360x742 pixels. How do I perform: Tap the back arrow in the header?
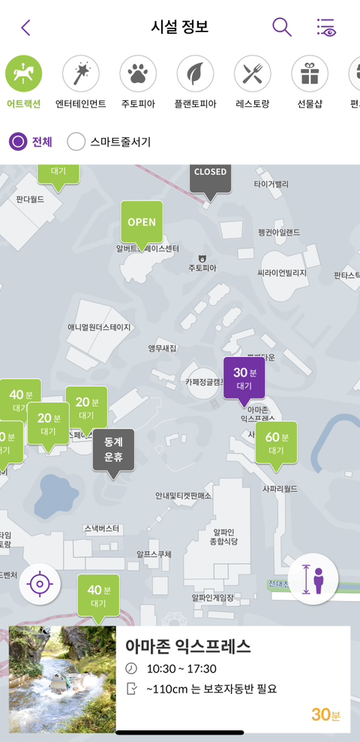point(25,28)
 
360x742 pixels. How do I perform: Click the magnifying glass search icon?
point(281,27)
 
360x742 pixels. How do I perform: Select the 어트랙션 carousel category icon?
point(24,73)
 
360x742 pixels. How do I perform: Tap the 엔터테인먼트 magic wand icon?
point(81,73)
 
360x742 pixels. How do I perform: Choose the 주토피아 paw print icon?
point(138,73)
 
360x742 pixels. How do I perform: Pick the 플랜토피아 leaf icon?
point(195,73)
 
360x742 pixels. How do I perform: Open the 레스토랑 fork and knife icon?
point(252,73)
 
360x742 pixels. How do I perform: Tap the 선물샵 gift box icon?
point(309,73)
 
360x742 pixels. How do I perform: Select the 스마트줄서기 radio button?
point(76,141)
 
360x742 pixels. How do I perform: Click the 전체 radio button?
point(19,141)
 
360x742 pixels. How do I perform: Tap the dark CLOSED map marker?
point(210,178)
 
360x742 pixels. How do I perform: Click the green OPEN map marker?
point(142,223)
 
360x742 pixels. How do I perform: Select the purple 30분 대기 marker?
point(244,378)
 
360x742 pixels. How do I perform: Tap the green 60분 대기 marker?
point(276,443)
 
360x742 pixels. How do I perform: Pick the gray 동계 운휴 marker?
point(113,450)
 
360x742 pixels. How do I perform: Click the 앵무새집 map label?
point(162,349)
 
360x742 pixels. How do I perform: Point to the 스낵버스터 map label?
point(102,528)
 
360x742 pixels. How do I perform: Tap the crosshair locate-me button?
point(40,583)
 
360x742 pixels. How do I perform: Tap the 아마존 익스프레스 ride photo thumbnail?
point(63,679)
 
